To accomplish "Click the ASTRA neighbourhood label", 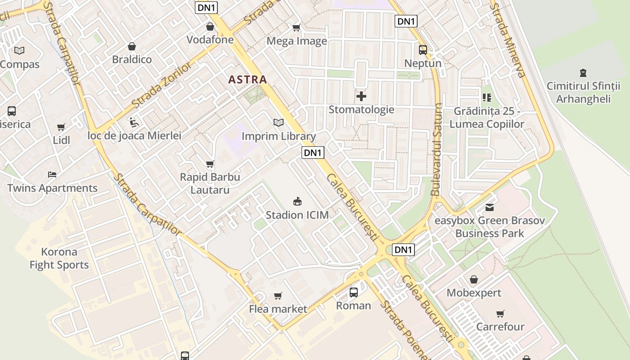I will click(247, 80).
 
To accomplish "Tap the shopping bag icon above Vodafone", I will click(210, 27).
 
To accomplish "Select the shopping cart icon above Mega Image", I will click(296, 28).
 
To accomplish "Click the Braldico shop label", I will click(132, 59).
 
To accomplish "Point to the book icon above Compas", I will click(19, 50).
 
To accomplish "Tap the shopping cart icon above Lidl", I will click(61, 127).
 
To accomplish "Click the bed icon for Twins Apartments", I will click(52, 175).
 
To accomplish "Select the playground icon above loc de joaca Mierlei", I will click(134, 122).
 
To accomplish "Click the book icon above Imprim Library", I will click(279, 122).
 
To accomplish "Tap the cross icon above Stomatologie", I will click(361, 96).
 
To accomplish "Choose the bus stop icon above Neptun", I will click(423, 50).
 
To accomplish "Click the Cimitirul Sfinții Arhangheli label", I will click(583, 92).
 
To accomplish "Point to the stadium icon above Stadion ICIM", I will click(297, 201).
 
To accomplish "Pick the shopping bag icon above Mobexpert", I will click(473, 279).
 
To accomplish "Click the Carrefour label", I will click(500, 327).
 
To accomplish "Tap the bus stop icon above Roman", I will click(354, 292).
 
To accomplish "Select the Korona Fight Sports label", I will click(59, 258).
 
